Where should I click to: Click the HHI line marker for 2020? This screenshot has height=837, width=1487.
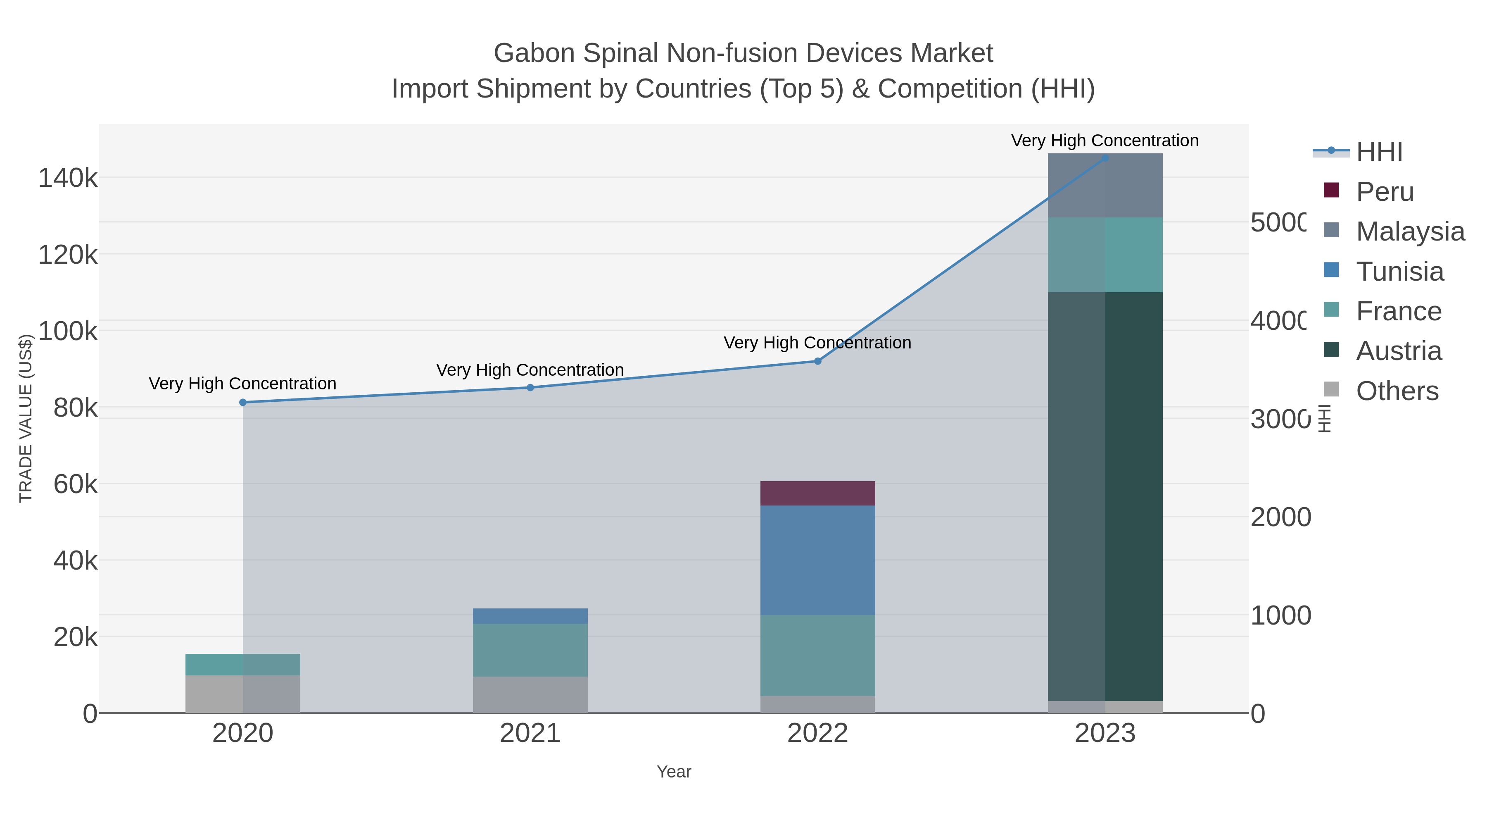242,403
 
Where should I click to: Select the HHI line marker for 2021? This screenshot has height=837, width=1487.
530,388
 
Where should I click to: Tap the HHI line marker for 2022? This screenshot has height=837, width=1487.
817,361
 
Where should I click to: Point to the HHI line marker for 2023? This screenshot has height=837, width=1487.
1105,158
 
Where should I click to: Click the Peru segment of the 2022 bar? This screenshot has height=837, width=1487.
817,493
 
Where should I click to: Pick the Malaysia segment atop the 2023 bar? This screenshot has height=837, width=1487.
1105,186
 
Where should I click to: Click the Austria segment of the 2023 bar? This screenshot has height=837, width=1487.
1105,497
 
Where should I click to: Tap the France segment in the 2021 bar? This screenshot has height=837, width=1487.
530,650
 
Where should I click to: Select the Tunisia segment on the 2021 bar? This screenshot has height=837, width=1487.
530,616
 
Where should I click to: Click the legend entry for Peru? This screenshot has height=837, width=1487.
1384,191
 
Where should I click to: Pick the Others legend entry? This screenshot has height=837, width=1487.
1397,391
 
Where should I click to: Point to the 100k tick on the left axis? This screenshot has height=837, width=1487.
68,331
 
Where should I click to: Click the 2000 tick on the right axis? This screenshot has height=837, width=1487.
1280,517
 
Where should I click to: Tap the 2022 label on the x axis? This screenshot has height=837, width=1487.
817,733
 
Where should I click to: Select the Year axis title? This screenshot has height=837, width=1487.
674,772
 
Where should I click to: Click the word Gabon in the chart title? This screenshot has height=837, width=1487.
534,53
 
